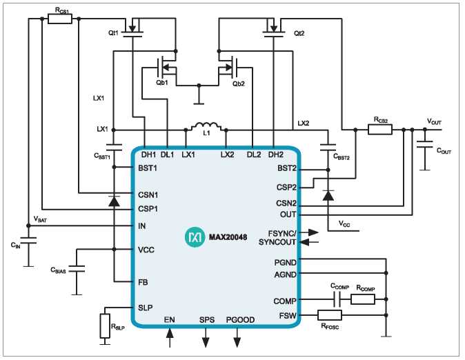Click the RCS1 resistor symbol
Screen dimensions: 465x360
coord(60,19)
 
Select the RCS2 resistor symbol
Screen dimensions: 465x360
coord(380,130)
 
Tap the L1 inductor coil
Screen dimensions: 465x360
coord(206,126)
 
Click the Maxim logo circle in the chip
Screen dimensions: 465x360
coord(195,237)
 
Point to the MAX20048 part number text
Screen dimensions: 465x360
coord(228,237)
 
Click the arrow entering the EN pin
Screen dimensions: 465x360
coord(170,337)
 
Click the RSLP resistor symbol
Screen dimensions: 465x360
coord(105,326)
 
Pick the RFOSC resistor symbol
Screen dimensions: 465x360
coord(330,315)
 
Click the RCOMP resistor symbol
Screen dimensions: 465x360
coord(363,299)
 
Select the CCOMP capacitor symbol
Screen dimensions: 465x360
coord(337,299)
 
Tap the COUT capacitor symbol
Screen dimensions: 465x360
coord(425,144)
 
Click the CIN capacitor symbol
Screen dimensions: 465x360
coord(28,241)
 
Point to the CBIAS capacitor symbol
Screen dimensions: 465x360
coord(77,269)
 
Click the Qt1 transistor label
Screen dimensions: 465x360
coord(113,33)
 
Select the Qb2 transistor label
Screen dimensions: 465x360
coord(239,83)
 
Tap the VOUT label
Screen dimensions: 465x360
coord(434,121)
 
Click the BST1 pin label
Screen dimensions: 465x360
coord(148,168)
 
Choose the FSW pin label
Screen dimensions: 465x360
coord(288,316)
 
